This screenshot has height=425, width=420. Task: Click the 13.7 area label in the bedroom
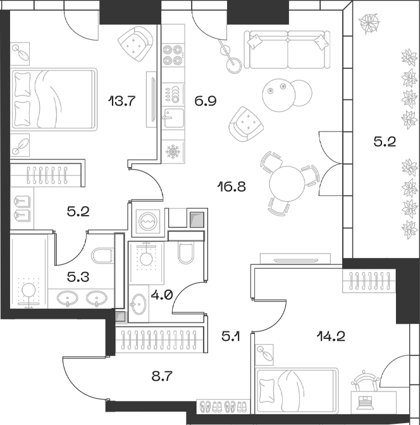click(x=123, y=99)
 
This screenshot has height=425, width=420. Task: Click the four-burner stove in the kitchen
click(x=172, y=56)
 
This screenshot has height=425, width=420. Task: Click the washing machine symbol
click(x=147, y=222)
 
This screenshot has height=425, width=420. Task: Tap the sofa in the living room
click(x=288, y=49)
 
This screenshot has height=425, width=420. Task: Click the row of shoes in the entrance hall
click(x=222, y=405)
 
